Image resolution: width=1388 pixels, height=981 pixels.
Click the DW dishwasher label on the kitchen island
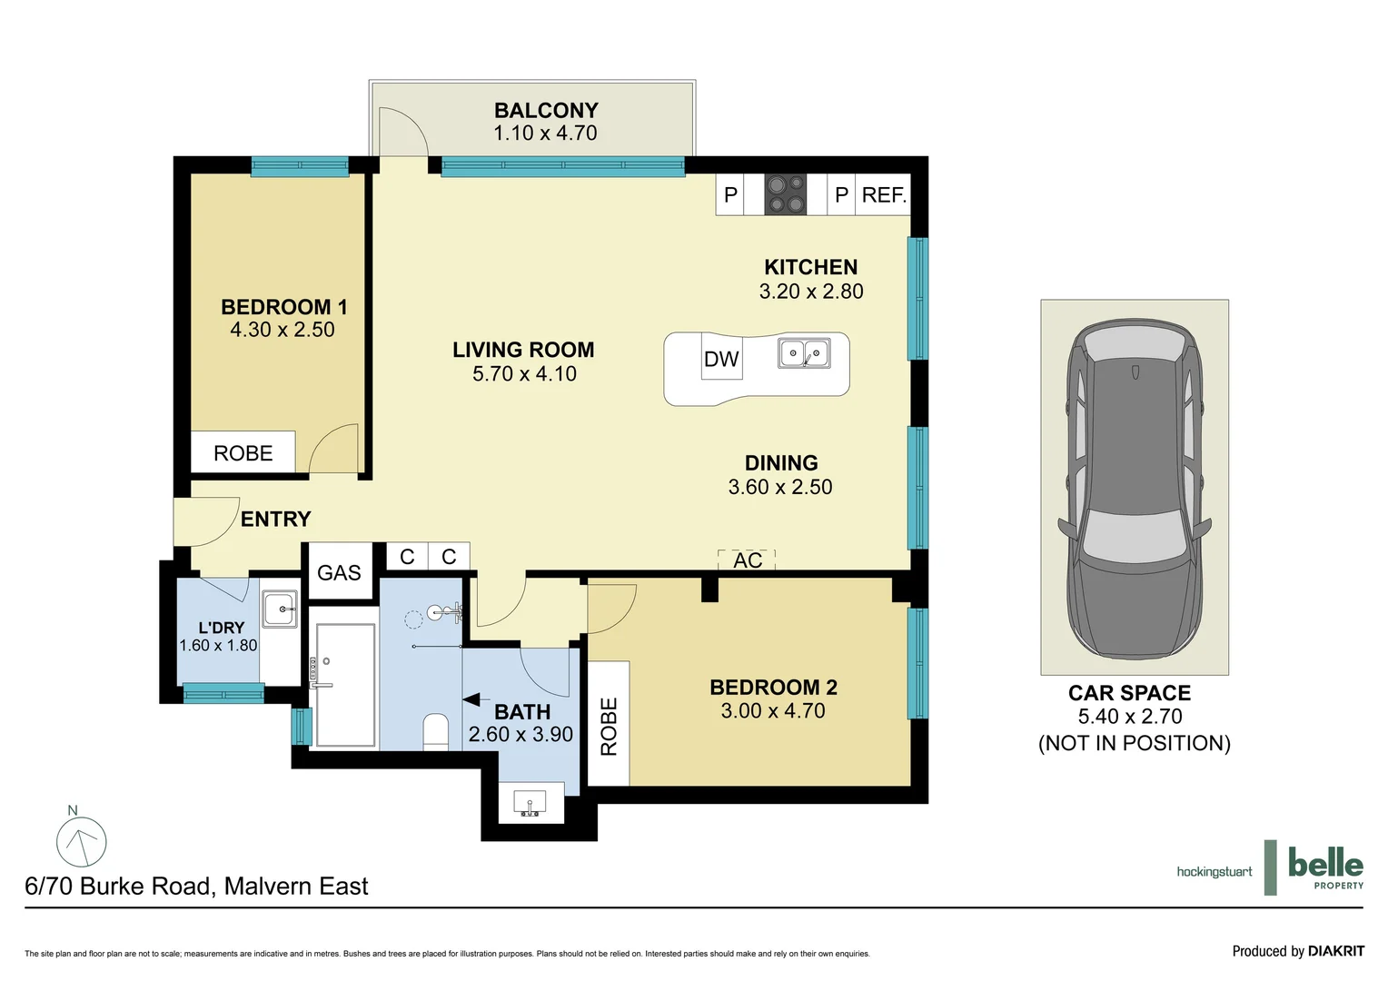point(721,359)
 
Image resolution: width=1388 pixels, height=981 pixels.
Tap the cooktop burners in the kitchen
point(785,194)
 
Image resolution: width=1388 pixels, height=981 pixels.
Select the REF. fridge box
point(883,194)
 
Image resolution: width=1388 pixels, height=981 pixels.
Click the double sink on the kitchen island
point(804,353)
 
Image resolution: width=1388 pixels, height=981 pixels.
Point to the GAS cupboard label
point(339,572)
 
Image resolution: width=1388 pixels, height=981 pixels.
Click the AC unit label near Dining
point(748,560)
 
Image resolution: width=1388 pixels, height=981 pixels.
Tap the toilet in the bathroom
point(436,732)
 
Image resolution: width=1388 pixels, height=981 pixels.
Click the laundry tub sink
point(280,609)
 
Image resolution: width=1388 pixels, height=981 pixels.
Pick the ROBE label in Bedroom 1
point(243,453)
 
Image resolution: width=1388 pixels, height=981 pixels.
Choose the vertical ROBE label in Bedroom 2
point(610,727)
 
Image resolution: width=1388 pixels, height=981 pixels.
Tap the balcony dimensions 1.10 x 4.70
point(545,133)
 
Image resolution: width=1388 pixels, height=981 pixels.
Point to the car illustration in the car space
point(1134,490)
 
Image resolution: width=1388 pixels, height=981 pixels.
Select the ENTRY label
point(276,519)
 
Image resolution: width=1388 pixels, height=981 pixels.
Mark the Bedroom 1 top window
point(300,166)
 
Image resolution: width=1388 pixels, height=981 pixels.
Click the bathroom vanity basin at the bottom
point(530,803)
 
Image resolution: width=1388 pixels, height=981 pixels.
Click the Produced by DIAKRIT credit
point(1298,951)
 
